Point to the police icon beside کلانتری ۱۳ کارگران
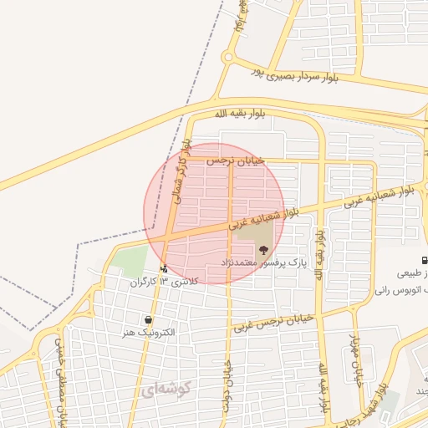164,269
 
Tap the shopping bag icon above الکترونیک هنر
148,319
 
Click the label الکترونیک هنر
148,332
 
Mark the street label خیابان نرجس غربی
273,322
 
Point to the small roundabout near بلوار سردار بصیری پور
227,58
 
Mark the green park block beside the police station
129,262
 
